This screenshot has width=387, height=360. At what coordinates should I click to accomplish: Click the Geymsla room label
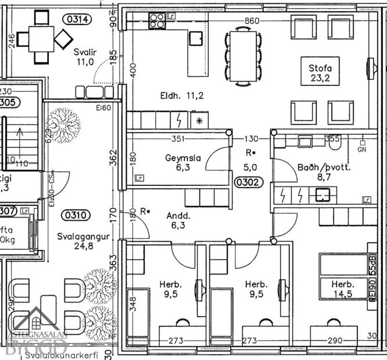[x=182, y=163]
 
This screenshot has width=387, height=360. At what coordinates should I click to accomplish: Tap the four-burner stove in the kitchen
[x=157, y=21]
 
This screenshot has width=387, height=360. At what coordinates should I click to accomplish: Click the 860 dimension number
[x=252, y=21]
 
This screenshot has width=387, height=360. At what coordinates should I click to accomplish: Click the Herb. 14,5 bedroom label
[x=342, y=289]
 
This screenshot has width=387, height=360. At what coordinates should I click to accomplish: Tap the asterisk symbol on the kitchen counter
[x=199, y=121]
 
